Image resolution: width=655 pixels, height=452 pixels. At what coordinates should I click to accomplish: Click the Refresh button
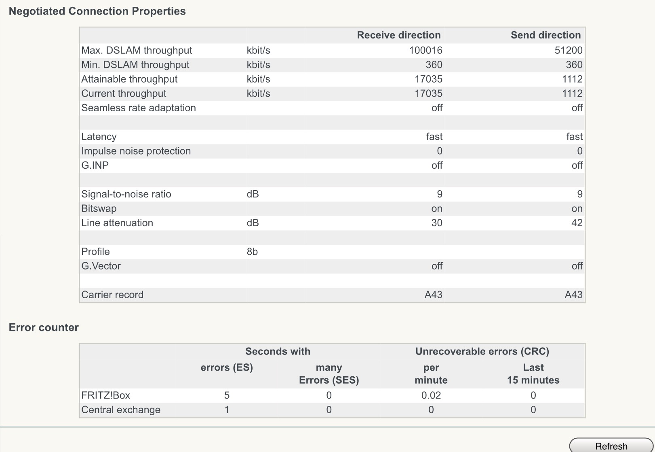[x=611, y=446]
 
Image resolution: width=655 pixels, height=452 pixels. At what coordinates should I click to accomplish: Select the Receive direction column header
[x=398, y=35]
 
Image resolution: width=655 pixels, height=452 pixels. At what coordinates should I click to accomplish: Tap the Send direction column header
[x=545, y=35]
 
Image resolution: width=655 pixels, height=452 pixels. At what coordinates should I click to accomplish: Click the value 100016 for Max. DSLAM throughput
[x=425, y=50]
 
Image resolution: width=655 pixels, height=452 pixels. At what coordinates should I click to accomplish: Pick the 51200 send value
[x=569, y=50]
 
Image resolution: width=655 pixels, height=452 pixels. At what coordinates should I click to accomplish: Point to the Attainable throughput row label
[x=129, y=79]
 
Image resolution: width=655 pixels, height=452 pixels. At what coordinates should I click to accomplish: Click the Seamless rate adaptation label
[x=138, y=108]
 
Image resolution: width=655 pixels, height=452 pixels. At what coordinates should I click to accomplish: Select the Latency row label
[x=99, y=137]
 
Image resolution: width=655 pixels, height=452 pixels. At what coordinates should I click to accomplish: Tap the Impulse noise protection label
[x=136, y=151]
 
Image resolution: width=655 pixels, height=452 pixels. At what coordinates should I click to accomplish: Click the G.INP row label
[x=95, y=166]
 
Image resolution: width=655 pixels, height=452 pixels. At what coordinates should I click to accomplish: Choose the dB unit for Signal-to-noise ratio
[x=253, y=194]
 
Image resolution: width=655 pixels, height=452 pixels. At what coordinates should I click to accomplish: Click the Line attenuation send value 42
[x=577, y=223]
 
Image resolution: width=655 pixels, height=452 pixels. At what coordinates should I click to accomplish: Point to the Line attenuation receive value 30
[x=436, y=223]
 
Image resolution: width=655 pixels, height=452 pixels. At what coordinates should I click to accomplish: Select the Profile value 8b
[x=252, y=251]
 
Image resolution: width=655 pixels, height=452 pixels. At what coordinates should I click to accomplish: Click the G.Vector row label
[x=101, y=266]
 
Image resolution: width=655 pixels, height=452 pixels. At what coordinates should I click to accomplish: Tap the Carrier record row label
[x=112, y=295]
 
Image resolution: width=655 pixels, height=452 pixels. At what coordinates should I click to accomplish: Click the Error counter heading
[x=44, y=327]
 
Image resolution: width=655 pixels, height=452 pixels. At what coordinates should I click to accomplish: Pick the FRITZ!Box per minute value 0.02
[x=431, y=395]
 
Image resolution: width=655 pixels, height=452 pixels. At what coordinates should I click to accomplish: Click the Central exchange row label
[x=121, y=410]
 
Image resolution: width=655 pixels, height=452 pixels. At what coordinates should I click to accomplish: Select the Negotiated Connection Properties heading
[x=97, y=11]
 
